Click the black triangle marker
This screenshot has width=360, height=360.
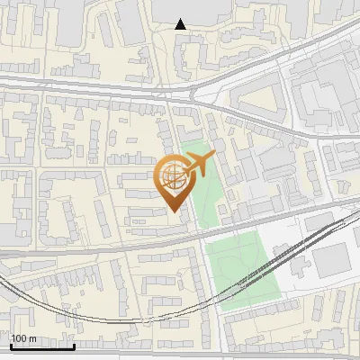181,24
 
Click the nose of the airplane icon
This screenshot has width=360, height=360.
214,157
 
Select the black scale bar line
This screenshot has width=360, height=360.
42,346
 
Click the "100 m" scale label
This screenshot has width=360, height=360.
24,338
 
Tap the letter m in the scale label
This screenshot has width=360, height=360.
32,338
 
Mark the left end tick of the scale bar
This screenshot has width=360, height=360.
12,345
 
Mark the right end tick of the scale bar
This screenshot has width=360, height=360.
74,345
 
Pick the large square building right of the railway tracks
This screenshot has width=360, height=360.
330,260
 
